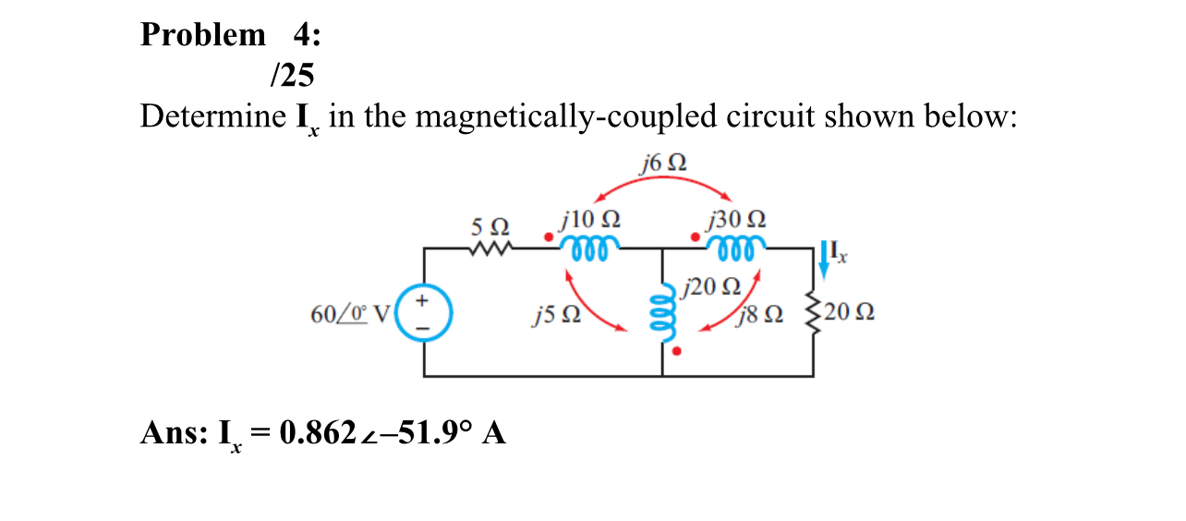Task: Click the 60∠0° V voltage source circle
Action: tap(424, 314)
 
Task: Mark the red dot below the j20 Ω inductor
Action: tap(678, 352)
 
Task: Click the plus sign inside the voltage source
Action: tap(424, 301)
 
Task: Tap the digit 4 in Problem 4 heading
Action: tap(302, 35)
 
